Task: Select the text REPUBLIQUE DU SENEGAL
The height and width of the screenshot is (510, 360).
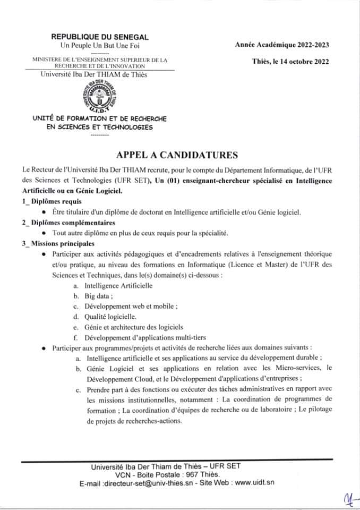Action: click(x=100, y=37)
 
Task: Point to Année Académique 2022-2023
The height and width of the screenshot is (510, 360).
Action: click(x=282, y=46)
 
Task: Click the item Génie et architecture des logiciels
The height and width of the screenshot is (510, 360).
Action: click(x=134, y=327)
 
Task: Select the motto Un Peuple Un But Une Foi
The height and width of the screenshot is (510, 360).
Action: click(x=100, y=46)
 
